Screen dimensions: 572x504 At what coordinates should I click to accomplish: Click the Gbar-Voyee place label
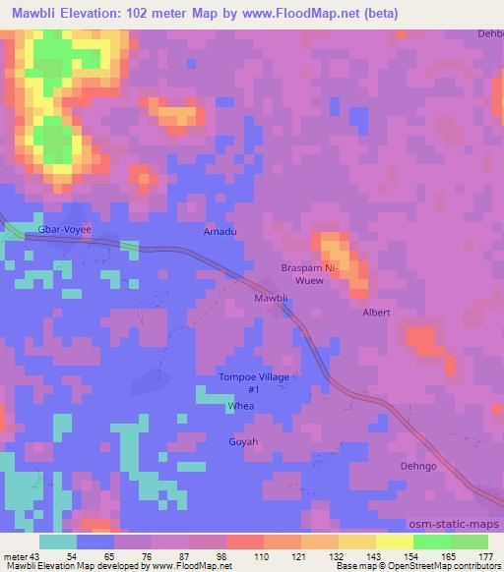[64, 229]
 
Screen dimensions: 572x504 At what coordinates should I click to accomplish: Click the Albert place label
[376, 313]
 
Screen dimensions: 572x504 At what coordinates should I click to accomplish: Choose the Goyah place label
[243, 442]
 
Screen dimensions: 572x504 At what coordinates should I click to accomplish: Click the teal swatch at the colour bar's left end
[59, 542]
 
